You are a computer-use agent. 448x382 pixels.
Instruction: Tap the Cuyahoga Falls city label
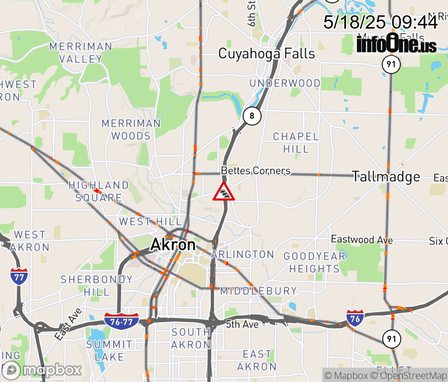coord(266,53)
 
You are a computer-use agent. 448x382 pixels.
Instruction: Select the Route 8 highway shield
coord(252,116)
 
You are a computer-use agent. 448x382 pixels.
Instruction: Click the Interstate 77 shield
coord(19,276)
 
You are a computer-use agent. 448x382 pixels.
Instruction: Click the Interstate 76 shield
coord(355,318)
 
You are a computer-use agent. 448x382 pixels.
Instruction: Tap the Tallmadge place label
coord(386,177)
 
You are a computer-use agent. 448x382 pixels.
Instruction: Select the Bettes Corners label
coord(255,170)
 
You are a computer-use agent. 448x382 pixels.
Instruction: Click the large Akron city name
coord(173,245)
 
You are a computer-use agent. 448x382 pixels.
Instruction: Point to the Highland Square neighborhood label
coord(99,191)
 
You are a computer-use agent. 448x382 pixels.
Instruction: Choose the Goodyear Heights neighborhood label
coord(315,262)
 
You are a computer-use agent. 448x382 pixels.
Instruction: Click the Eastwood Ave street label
coord(362,239)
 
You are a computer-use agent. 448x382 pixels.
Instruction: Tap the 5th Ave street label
coord(242,324)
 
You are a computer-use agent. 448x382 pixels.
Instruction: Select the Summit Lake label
coord(109,350)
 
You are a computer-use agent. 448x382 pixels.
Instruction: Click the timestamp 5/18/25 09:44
coord(380,22)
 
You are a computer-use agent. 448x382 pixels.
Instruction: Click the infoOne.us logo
coord(397,44)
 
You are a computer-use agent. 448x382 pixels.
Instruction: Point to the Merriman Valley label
coord(81,53)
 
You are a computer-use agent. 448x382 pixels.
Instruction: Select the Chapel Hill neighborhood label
coord(295,143)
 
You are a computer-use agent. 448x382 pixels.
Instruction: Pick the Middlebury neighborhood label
coord(258,290)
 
